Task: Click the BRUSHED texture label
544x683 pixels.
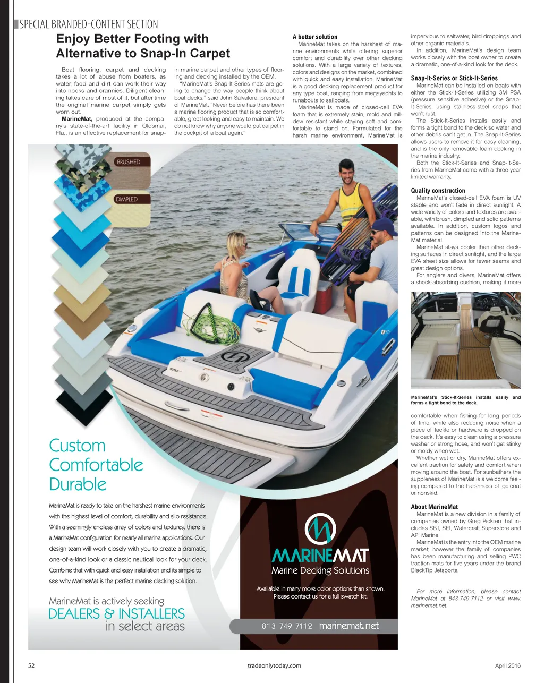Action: click(129, 162)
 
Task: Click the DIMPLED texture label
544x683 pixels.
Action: click(126, 199)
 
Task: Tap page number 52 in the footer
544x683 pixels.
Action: click(31, 665)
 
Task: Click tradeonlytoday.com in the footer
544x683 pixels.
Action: click(274, 665)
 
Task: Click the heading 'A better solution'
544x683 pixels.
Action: click(314, 37)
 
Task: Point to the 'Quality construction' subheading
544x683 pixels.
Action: click(438, 191)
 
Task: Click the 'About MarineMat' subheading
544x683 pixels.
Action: click(434, 507)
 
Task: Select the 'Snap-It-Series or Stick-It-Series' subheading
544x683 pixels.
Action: click(454, 78)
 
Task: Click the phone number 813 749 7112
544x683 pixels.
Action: click(286, 626)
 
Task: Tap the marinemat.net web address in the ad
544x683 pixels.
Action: click(349, 626)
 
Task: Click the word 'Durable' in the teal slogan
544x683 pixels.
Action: click(78, 484)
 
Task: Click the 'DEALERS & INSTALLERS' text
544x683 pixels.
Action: click(116, 614)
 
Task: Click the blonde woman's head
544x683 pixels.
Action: click(236, 243)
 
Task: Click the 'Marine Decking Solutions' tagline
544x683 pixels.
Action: click(320, 571)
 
